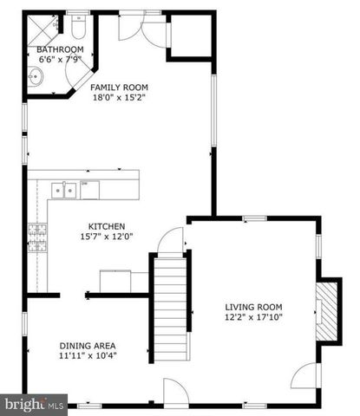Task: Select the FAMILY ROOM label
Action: pos(121,88)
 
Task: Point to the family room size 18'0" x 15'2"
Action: pos(121,98)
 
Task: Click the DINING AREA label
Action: pos(87,344)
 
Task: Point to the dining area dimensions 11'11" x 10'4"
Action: pos(87,354)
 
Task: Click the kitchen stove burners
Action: pos(39,236)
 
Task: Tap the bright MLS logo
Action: pos(35,403)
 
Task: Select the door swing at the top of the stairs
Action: pos(172,239)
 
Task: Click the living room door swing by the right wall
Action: pos(309,376)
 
